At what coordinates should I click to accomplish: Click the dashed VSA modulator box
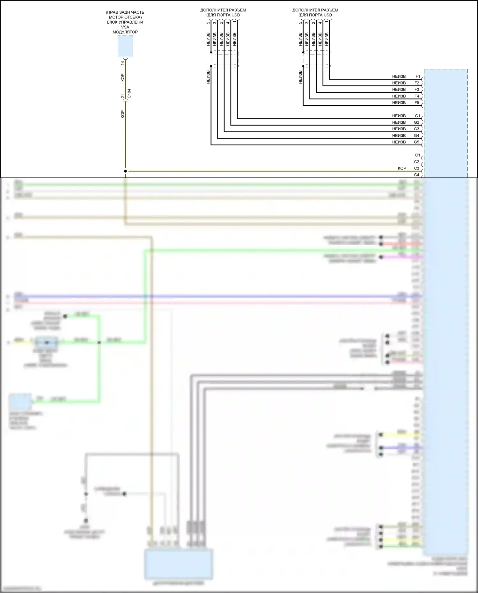point(125,46)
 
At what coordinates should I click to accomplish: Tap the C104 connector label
point(129,93)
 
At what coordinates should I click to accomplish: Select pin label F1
point(417,76)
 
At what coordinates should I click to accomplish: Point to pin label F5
point(417,103)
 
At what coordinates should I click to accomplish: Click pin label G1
point(417,116)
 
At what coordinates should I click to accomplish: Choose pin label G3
point(416,129)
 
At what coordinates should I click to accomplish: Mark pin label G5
point(416,142)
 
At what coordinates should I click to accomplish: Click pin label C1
point(417,155)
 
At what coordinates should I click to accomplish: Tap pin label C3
point(416,168)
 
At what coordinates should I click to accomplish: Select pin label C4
point(416,175)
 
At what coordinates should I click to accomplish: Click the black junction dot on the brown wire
point(125,171)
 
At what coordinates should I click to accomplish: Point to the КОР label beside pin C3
point(402,168)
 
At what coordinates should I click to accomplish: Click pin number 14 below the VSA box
point(123,63)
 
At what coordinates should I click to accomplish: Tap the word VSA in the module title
point(125,27)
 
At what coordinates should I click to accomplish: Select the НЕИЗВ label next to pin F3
point(399,90)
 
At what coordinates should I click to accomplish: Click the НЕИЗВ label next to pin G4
point(399,136)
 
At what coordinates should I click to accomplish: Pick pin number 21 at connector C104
point(123,96)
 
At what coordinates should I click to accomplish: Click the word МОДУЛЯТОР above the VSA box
point(125,32)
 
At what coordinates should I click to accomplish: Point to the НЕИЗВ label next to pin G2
point(399,122)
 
